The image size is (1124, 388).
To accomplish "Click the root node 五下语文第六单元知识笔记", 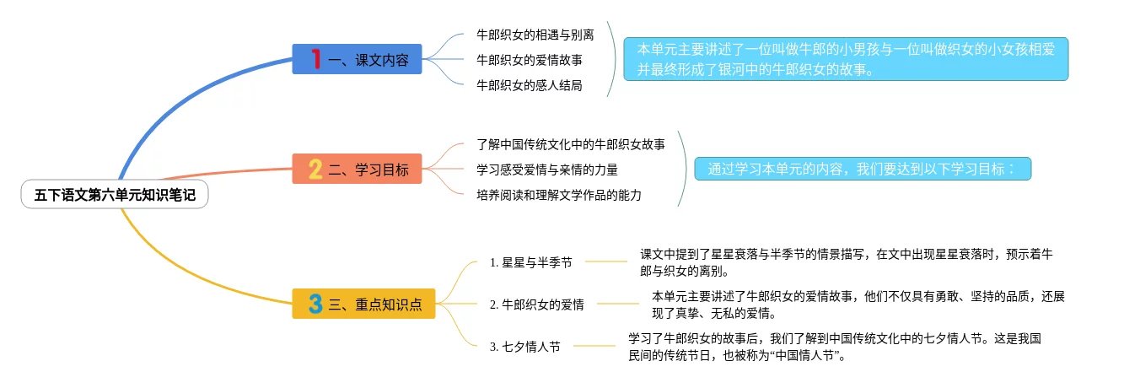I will [115, 196].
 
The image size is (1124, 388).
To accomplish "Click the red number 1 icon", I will [315, 59].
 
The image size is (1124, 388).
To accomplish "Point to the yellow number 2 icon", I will [315, 170].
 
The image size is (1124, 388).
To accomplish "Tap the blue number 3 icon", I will [315, 304].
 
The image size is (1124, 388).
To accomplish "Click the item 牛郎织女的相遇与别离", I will [535, 35].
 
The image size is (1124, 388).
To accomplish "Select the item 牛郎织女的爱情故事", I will [530, 60].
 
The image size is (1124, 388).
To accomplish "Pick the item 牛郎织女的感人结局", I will [530, 85].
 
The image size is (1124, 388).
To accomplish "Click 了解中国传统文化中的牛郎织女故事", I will [571, 145].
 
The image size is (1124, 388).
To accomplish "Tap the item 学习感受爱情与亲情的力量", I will [547, 170].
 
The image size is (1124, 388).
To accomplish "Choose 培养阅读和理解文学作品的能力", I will [559, 195].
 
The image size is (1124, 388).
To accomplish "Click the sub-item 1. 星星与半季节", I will [530, 262].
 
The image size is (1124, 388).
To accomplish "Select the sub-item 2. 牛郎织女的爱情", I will [536, 304].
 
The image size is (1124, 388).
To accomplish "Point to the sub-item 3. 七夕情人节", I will [524, 347].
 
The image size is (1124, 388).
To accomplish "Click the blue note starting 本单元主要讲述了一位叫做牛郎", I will [846, 58].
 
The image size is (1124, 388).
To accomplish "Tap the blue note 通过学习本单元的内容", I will [863, 169].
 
